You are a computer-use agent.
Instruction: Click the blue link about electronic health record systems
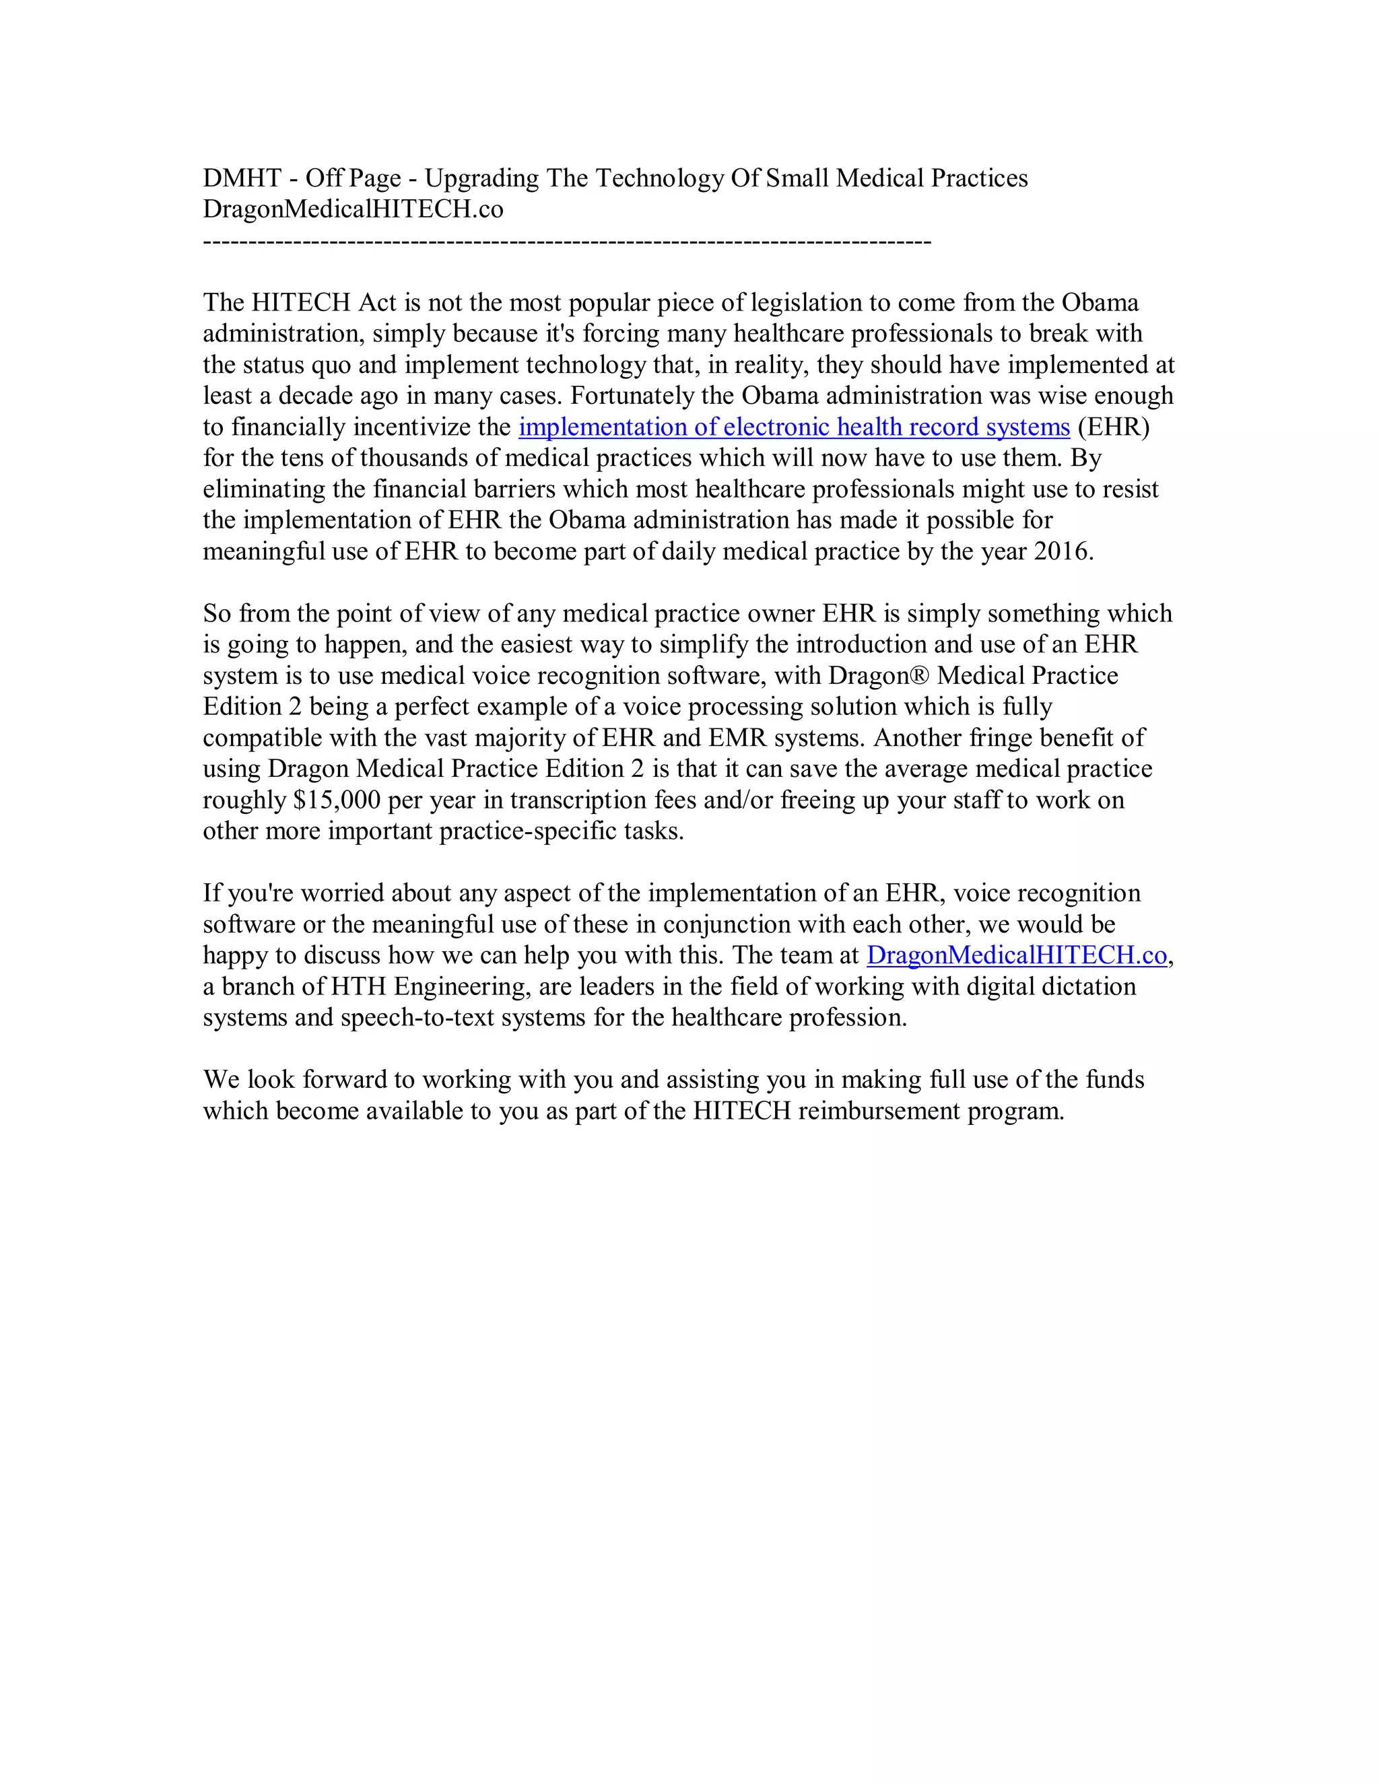(793, 427)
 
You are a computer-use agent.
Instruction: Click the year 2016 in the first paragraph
(1061, 551)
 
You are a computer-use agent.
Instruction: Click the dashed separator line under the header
(566, 242)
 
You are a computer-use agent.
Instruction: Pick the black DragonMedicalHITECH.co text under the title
(353, 209)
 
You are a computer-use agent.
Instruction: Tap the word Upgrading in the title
(481, 178)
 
